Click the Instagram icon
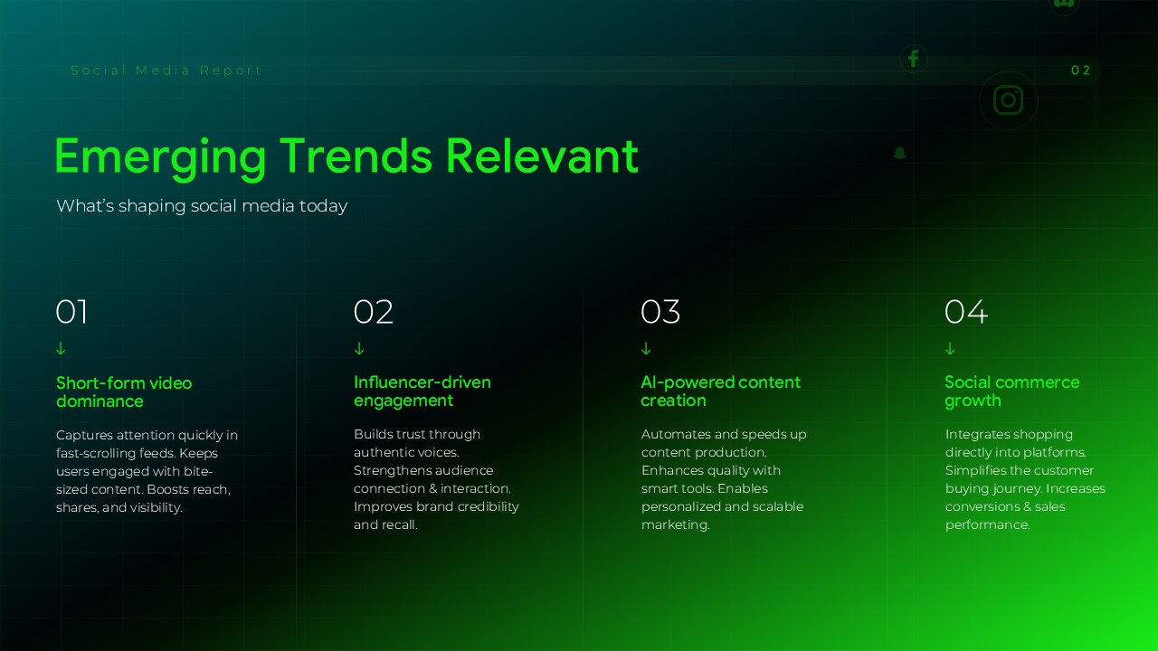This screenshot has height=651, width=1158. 1008,99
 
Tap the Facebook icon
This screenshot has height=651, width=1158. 913,59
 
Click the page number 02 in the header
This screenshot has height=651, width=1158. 1080,71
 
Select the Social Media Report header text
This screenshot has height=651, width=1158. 166,71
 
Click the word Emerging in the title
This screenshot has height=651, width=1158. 160,156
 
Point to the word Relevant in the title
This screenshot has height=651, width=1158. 542,156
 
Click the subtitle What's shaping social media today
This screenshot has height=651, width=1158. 202,206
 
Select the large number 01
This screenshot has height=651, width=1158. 71,312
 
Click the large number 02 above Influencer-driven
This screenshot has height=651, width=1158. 373,312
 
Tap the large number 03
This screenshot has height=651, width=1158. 660,312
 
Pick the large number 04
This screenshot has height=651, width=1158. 965,312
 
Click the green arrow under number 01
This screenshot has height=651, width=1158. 61,348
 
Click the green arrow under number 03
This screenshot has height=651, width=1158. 646,348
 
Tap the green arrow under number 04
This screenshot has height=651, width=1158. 950,348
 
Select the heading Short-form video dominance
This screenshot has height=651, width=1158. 124,392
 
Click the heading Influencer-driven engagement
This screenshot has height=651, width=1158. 422,392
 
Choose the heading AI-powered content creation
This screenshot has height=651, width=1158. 720,392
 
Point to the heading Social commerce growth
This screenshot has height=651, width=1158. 1011,392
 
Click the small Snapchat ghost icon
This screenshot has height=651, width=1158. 899,153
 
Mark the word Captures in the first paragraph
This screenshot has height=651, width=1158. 86,435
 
